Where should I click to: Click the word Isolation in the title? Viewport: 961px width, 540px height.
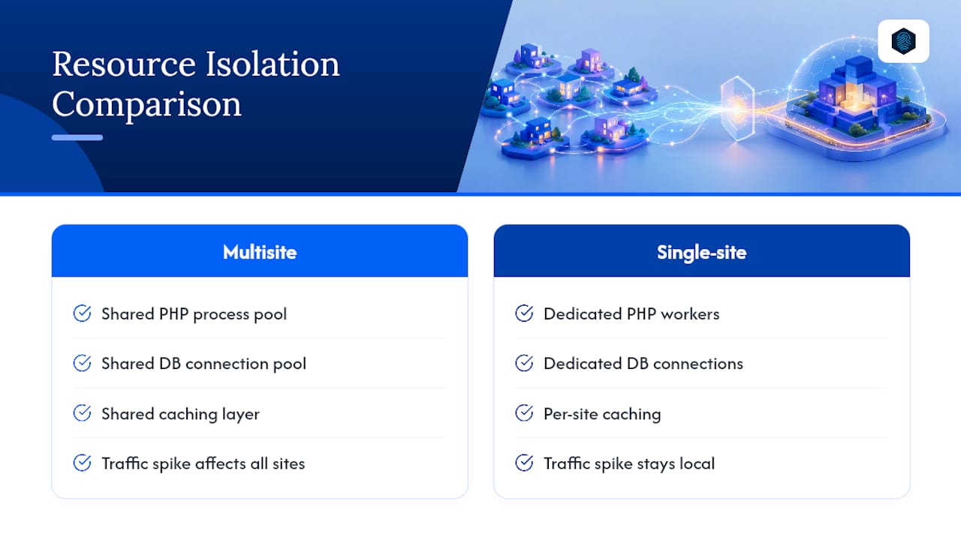tap(273, 64)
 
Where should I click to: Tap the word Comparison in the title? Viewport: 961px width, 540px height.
tap(146, 104)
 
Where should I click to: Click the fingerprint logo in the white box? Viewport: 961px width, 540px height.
tap(903, 41)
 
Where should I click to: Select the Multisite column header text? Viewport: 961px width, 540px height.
tap(260, 252)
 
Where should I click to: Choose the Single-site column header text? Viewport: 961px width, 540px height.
tap(701, 253)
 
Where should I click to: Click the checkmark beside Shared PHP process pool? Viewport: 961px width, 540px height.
tap(82, 313)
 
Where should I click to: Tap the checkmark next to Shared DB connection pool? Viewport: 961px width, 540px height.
tap(82, 363)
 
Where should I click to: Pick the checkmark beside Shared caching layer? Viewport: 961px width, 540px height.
tap(82, 413)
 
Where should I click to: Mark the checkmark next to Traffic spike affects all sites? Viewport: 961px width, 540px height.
tap(82, 463)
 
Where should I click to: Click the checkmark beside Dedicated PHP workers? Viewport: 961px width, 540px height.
tap(524, 313)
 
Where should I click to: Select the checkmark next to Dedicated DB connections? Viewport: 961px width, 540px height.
tap(524, 363)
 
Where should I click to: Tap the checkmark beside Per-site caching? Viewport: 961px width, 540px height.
tap(524, 413)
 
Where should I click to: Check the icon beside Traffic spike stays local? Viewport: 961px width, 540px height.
tap(524, 463)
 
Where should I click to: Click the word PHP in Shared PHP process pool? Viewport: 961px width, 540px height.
tap(173, 314)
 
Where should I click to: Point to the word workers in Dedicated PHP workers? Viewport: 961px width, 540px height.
tap(690, 314)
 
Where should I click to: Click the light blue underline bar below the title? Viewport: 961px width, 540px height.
tap(77, 137)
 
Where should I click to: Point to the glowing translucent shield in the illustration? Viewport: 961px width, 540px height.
tap(737, 108)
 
